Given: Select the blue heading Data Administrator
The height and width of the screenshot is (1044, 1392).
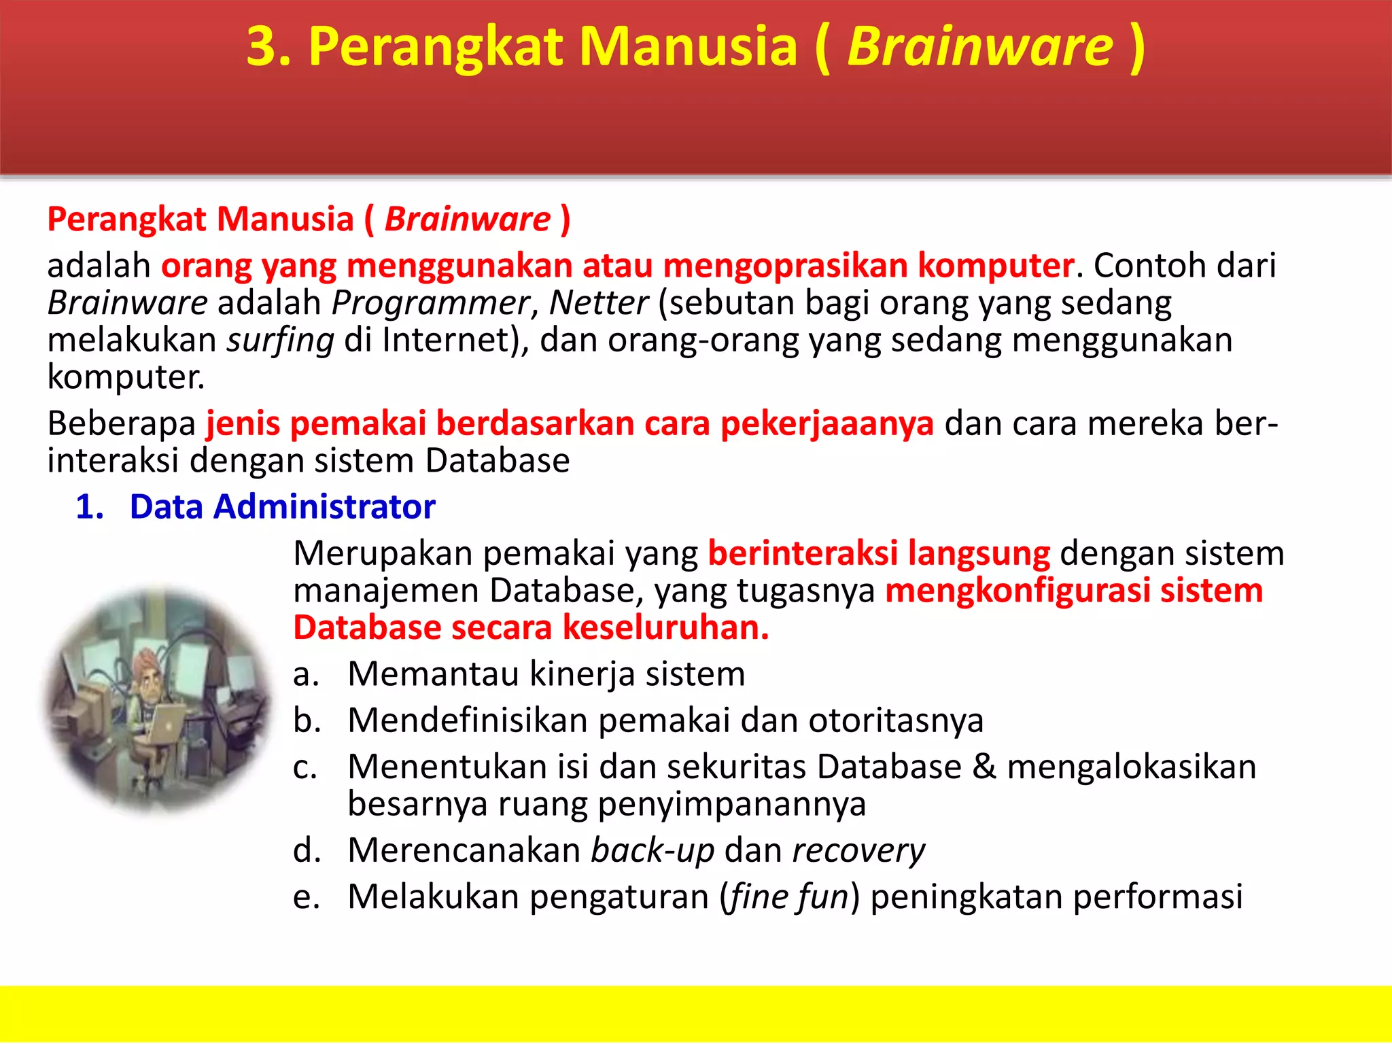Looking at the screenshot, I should [282, 507].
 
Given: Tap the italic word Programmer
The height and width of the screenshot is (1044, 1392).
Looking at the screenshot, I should [430, 302].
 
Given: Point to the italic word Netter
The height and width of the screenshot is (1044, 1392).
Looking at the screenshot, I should [598, 302].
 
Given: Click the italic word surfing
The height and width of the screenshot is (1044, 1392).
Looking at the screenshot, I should [280, 340].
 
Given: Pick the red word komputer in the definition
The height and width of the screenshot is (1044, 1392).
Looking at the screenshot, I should [996, 265].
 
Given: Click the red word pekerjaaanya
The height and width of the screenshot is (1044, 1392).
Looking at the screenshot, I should [826, 423].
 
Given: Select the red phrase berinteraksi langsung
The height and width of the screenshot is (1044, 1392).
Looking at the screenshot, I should [879, 553].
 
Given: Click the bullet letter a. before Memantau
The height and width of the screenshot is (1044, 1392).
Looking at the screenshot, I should [306, 674].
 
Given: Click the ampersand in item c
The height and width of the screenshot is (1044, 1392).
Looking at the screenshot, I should [984, 767].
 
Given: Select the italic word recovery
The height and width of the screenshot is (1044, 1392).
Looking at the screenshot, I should [858, 850].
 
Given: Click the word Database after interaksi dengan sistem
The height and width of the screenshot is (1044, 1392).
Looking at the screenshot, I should [497, 461].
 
